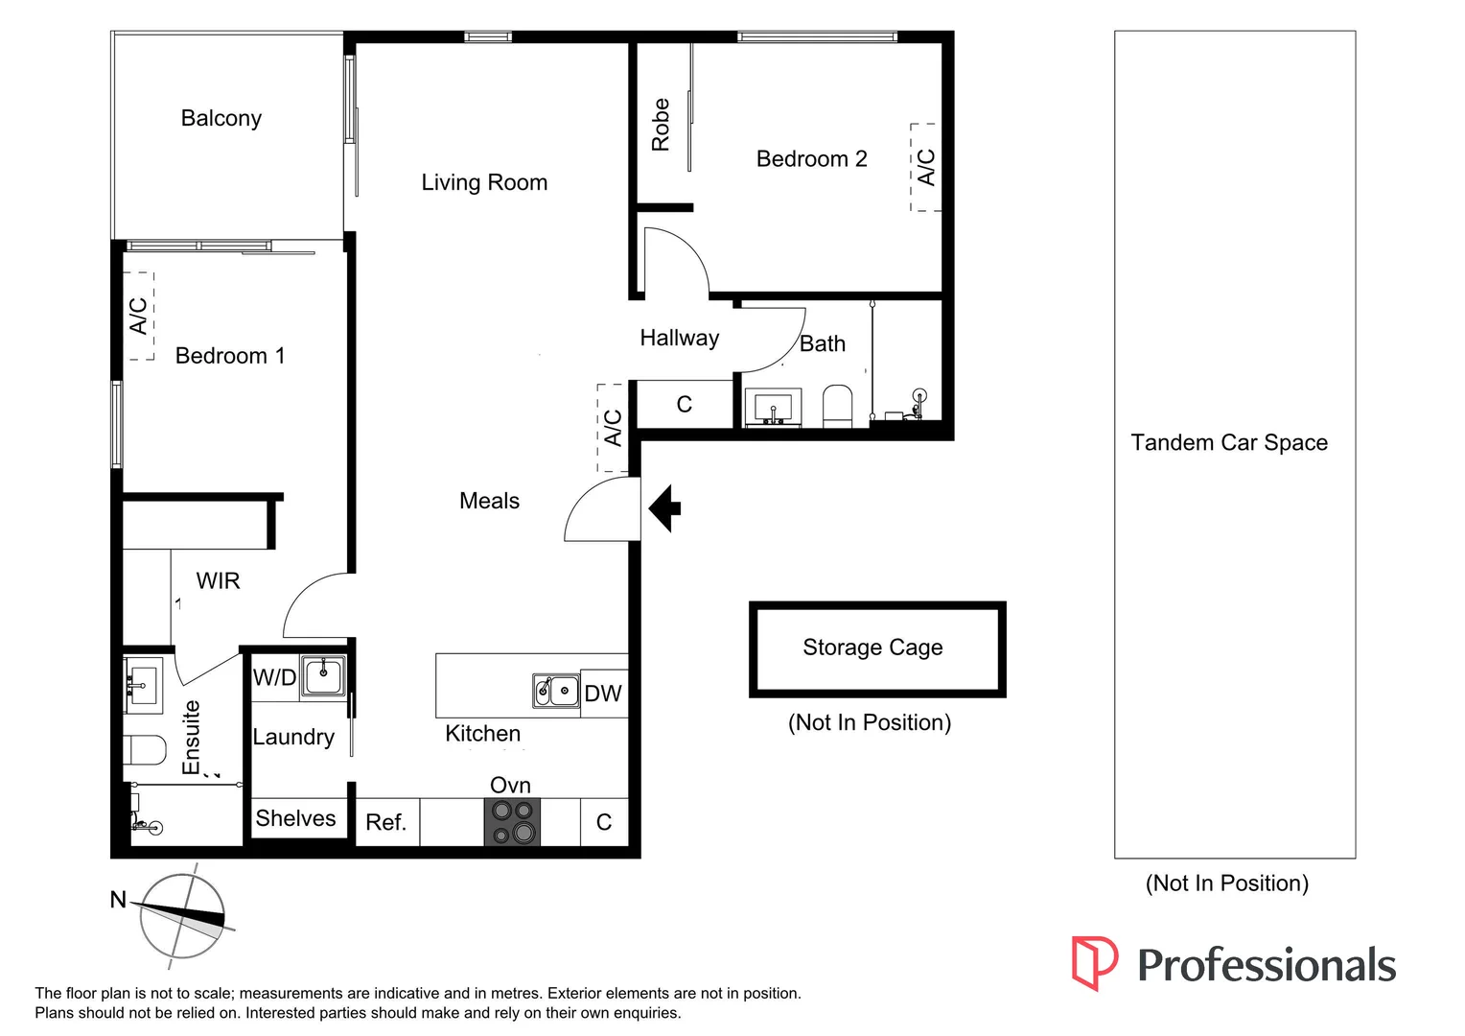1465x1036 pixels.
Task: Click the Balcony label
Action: click(x=221, y=118)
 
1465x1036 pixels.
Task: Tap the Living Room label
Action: click(x=484, y=182)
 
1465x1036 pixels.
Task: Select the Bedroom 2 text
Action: click(x=811, y=159)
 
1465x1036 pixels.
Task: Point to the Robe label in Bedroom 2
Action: click(x=661, y=125)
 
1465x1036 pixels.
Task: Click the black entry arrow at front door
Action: click(x=665, y=507)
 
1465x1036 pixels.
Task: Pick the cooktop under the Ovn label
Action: click(x=512, y=822)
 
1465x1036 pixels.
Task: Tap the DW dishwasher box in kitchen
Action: click(x=603, y=693)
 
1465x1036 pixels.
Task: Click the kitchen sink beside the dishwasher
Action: click(x=556, y=691)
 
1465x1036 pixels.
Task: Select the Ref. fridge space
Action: click(x=386, y=822)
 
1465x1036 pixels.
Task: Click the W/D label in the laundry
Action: click(x=274, y=677)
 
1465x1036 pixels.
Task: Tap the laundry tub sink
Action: click(x=323, y=675)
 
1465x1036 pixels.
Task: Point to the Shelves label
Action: click(x=295, y=818)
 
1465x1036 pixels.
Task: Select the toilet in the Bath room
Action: click(x=837, y=407)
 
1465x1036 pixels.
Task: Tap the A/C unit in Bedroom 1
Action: click(x=140, y=316)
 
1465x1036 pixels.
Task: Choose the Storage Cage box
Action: click(x=876, y=648)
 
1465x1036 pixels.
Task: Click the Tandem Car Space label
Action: click(x=1229, y=442)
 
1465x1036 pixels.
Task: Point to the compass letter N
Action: click(x=118, y=900)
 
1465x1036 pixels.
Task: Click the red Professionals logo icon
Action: click(x=1094, y=962)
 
